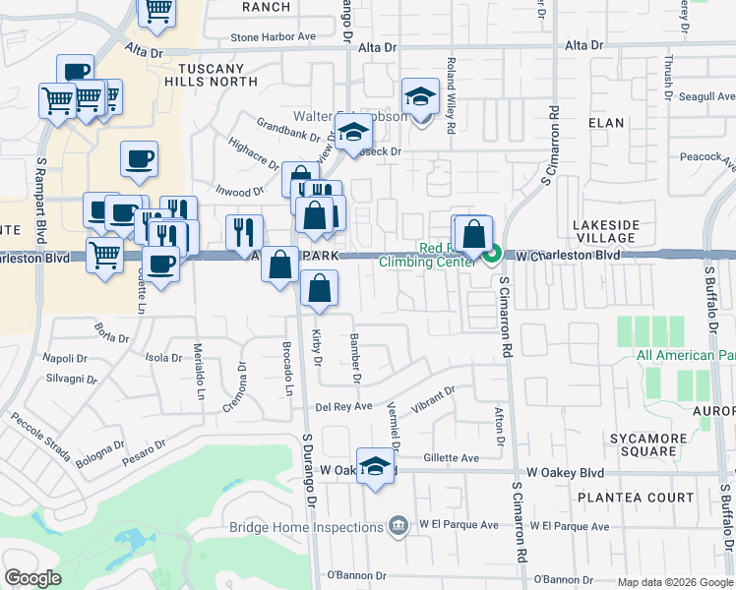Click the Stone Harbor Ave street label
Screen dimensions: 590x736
tap(273, 37)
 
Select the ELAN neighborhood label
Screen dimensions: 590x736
tap(606, 123)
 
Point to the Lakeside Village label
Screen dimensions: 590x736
tap(604, 232)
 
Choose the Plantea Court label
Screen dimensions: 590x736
tap(637, 499)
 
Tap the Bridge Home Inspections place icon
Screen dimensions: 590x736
tap(398, 527)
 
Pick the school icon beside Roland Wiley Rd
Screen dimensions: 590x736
tap(420, 98)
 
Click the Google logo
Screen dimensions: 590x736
tap(33, 578)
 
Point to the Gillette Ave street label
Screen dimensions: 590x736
tap(451, 458)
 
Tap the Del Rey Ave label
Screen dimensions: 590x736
tap(343, 406)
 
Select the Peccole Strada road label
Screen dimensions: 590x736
tap(40, 438)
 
